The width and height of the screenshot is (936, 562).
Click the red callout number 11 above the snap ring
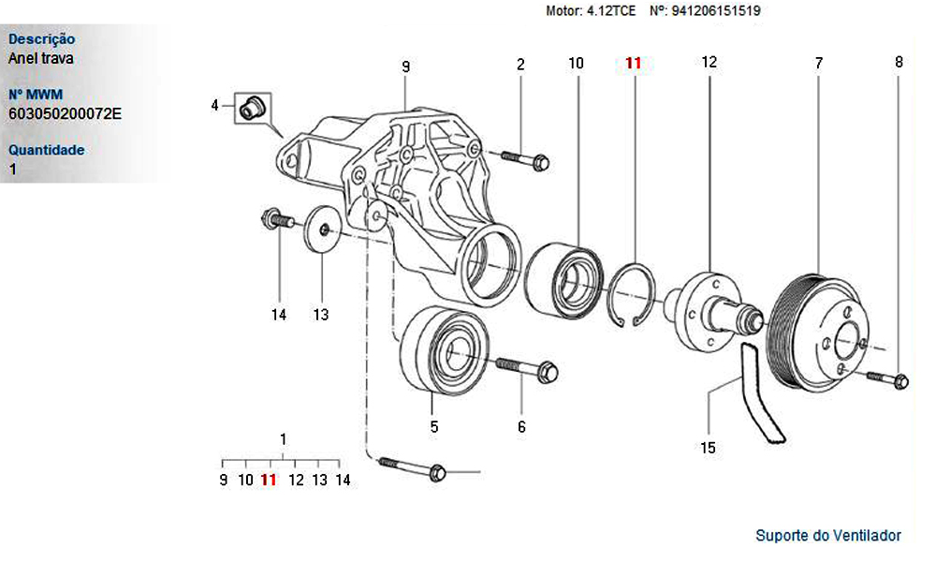[x=634, y=64]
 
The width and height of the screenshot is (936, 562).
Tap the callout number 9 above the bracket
[x=405, y=67]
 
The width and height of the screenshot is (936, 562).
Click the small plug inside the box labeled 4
[x=251, y=106]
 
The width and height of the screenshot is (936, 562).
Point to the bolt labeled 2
[x=525, y=160]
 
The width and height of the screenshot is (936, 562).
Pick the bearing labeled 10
[x=563, y=277]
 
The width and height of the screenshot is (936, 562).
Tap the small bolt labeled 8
[x=889, y=379]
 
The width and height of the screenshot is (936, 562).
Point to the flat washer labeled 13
[x=323, y=229]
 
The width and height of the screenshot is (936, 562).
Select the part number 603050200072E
[x=65, y=114]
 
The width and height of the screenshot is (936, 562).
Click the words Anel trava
[x=40, y=58]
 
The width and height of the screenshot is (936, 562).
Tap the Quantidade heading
[x=46, y=150]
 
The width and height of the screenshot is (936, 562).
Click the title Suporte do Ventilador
[x=827, y=536]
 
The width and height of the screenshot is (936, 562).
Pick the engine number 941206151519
[x=715, y=12]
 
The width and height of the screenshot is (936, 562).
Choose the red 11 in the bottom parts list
[x=269, y=480]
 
